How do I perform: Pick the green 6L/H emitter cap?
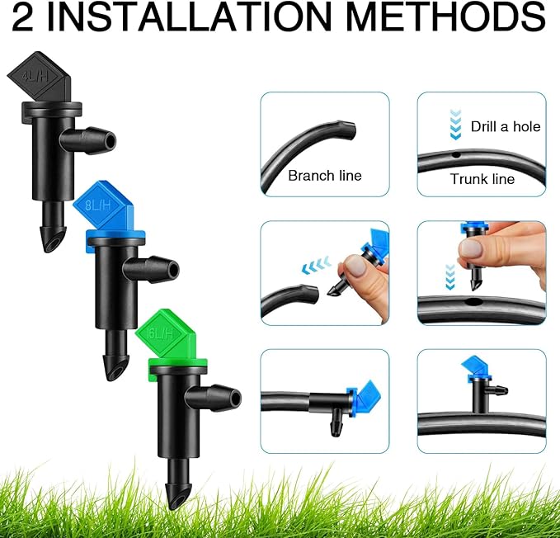point(170,335)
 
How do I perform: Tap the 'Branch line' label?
point(324,176)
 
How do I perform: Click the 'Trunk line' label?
point(482,179)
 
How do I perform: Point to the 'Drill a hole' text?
point(505,126)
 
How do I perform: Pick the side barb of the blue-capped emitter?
point(161,267)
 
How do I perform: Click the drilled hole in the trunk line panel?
point(453,153)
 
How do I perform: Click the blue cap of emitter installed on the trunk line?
point(478,366)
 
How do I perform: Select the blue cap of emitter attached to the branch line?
point(360,394)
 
